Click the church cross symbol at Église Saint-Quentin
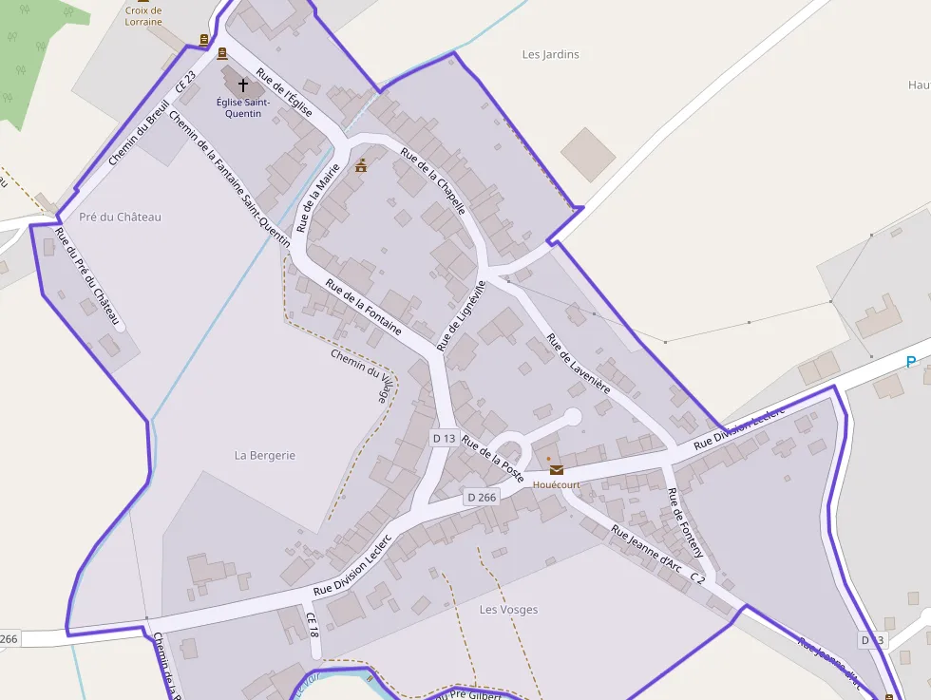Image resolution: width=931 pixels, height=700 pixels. [242, 85]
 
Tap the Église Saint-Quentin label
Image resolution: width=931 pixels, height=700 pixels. [243, 108]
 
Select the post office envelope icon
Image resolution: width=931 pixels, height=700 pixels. [556, 469]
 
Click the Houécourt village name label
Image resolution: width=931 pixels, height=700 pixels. [556, 484]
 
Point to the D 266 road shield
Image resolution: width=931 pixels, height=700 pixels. [482, 497]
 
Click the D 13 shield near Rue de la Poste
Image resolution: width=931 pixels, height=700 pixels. [444, 438]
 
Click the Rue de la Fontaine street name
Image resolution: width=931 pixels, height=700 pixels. [363, 307]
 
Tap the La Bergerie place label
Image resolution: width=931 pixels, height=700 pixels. [265, 455]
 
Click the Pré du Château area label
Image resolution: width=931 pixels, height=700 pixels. [121, 217]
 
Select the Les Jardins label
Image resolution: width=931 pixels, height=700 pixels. [550, 54]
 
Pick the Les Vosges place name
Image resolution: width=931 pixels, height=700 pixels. [508, 609]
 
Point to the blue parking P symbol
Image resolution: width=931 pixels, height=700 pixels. [911, 362]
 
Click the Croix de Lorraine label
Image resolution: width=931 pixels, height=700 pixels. [143, 16]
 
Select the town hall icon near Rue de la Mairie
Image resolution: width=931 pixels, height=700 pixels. [361, 166]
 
